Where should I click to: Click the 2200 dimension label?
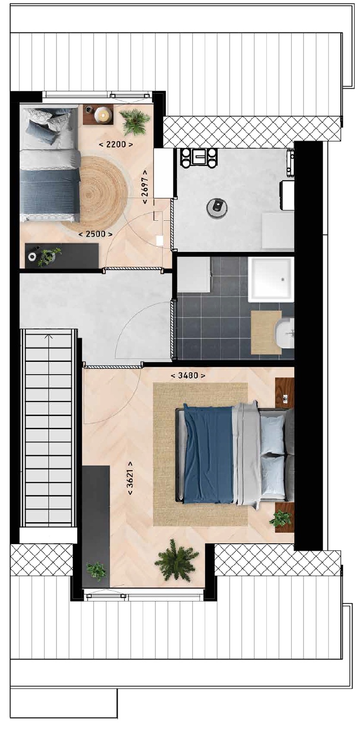point(116,144)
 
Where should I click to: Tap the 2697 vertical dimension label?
point(145,186)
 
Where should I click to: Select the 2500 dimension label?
point(96,233)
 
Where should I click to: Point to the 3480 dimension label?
point(188,375)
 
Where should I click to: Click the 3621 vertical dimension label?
point(130,478)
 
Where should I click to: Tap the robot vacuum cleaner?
point(217,207)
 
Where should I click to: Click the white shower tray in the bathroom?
point(271,279)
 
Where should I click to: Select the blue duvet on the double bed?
point(208,453)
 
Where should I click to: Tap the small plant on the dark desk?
point(49,256)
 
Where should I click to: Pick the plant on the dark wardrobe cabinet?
point(96,571)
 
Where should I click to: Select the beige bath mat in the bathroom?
point(266,332)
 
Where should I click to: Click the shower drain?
point(283,279)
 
